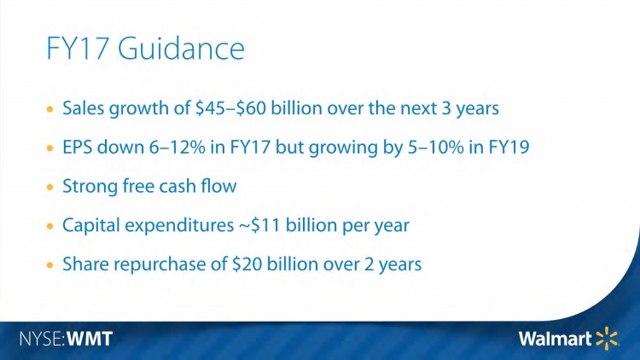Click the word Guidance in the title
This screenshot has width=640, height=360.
click(x=181, y=49)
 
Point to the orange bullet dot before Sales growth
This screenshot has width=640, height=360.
click(x=51, y=111)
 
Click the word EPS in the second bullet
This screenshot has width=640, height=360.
click(x=79, y=148)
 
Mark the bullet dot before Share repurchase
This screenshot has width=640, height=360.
click(x=51, y=265)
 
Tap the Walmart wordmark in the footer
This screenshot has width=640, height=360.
click(x=555, y=339)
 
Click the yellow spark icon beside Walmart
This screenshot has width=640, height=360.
click(x=607, y=338)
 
